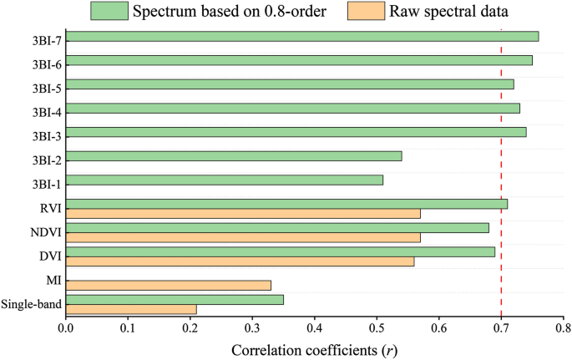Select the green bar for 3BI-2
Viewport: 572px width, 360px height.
click(234, 156)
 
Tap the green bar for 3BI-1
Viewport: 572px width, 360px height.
click(225, 180)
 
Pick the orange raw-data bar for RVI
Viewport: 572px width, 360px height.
click(243, 213)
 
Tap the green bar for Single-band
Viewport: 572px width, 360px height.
click(175, 299)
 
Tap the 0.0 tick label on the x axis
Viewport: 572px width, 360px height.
click(66, 329)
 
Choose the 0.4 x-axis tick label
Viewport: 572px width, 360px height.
click(315, 329)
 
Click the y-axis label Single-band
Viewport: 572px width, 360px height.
click(31, 303)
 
